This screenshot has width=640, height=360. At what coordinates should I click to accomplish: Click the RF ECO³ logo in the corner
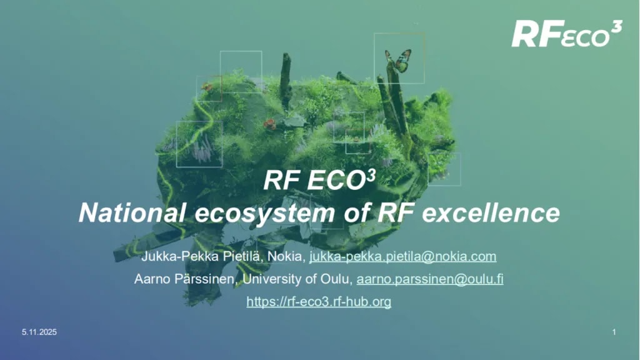[566, 34]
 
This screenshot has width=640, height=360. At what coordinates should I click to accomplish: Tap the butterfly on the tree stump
[398, 61]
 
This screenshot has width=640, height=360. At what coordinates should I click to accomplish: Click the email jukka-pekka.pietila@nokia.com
[403, 256]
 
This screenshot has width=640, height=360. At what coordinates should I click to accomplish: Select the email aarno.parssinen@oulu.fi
[430, 279]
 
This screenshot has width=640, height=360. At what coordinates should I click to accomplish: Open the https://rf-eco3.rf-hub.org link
[319, 302]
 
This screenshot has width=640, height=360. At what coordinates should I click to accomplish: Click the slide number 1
[614, 332]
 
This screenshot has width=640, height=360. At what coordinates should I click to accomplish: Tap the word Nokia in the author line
[288, 256]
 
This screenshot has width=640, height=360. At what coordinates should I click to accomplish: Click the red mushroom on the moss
[269, 124]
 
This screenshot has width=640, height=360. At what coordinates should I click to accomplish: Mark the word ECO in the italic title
[336, 182]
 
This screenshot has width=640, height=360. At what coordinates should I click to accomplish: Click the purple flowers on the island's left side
[201, 151]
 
